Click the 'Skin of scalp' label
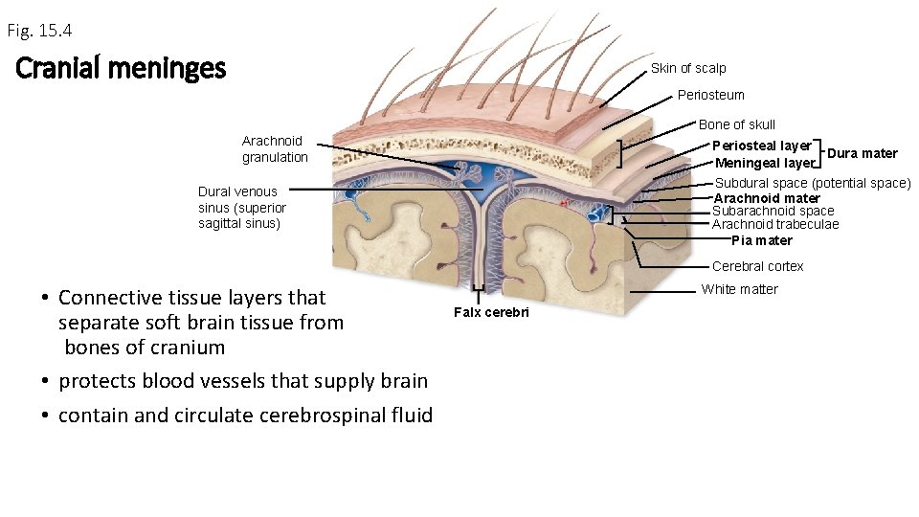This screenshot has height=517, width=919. pyautogui.click(x=688, y=68)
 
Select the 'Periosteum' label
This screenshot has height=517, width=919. pyautogui.click(x=710, y=95)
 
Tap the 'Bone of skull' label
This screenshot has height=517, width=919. pyautogui.click(x=736, y=124)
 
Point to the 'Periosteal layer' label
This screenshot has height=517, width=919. pyautogui.click(x=761, y=146)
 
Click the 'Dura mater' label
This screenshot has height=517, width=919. pyautogui.click(x=862, y=153)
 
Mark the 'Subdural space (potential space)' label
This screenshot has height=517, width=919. pyautogui.click(x=813, y=183)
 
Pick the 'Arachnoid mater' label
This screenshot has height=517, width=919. pyautogui.click(x=767, y=198)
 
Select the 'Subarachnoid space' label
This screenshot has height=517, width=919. pyautogui.click(x=773, y=211)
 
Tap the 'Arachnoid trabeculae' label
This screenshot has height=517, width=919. pyautogui.click(x=774, y=224)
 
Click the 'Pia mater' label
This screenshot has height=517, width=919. pyautogui.click(x=762, y=240)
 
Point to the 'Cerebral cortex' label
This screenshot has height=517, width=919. pyautogui.click(x=757, y=266)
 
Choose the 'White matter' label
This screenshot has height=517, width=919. pyautogui.click(x=739, y=289)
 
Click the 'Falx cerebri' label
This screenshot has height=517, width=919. pyautogui.click(x=491, y=313)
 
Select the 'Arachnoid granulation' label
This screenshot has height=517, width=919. pyautogui.click(x=275, y=148)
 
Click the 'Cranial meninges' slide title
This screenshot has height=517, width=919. pyautogui.click(x=121, y=69)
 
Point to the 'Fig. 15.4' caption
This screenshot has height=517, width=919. pyautogui.click(x=39, y=31)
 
